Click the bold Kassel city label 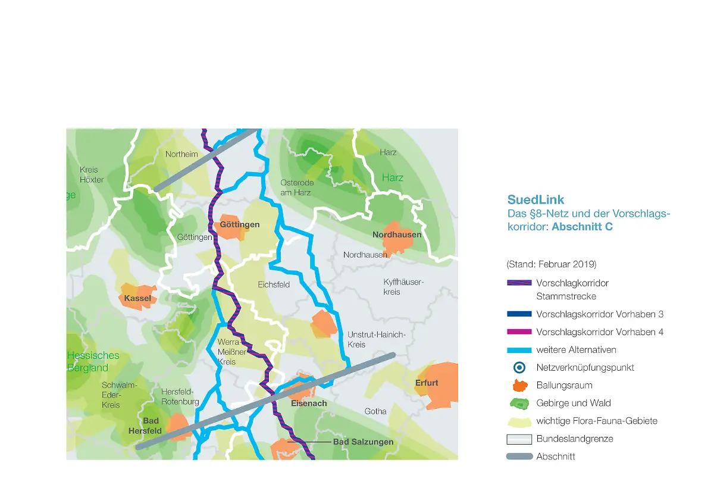tap(137, 298)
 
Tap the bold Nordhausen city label tap(397, 235)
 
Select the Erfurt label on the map tap(427, 383)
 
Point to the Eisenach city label tap(309, 403)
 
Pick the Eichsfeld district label tap(274, 284)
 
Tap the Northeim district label tap(181, 154)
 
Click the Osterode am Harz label tap(297, 187)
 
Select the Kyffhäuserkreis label tap(403, 287)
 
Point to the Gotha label tap(375, 411)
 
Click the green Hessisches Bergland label tap(93, 361)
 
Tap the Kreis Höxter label tap(92, 174)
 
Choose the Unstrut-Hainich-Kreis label tap(376, 340)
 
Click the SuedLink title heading tap(535, 200)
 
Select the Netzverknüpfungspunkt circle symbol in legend tap(519, 367)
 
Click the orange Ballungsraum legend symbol tap(519, 385)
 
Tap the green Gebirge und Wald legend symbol tap(519, 403)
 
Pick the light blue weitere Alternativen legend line tap(519, 349)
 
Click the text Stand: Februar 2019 tap(551, 264)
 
